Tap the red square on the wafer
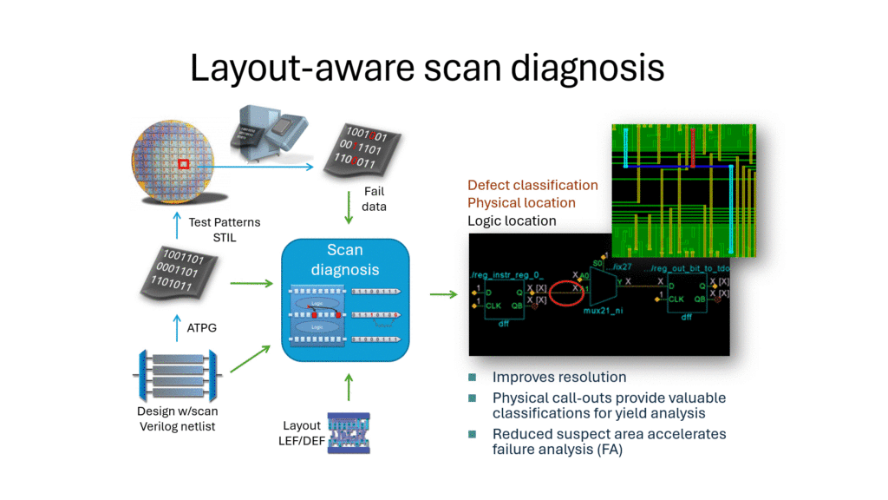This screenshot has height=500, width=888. pos(183,164)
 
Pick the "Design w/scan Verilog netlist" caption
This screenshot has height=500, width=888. pos(180,418)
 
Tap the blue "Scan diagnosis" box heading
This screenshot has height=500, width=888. pos(345,260)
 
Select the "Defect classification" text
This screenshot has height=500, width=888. pos(532,185)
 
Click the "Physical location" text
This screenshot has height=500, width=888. pos(521,202)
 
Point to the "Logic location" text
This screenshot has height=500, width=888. pos(512,220)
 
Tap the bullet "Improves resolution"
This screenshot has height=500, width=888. pos(559,378)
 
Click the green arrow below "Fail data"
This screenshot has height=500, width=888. pos(349,207)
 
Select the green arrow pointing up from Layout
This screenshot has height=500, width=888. pos(349,389)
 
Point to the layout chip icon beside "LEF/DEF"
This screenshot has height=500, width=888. pos(348,433)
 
